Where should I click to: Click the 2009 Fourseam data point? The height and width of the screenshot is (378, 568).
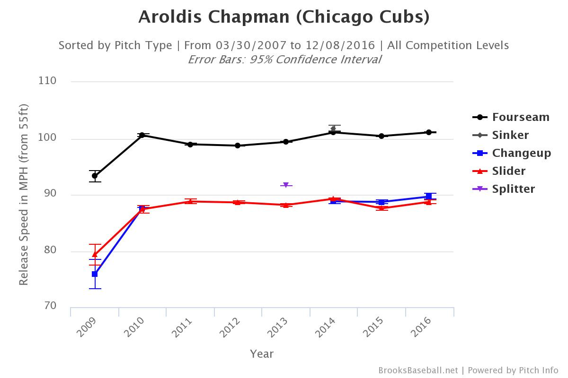click(x=95, y=176)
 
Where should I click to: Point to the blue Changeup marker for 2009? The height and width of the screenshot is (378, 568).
click(x=95, y=274)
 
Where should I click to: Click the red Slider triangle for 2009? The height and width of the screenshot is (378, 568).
click(x=95, y=254)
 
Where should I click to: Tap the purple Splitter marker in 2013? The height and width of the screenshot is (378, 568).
click(x=286, y=185)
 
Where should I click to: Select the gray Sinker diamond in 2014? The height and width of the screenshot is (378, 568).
click(x=333, y=128)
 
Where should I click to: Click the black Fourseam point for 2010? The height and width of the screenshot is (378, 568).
click(x=142, y=135)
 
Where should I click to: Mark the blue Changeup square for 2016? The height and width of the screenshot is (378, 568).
click(x=429, y=197)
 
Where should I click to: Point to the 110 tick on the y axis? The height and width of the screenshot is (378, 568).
click(x=47, y=81)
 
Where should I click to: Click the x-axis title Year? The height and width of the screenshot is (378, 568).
click(x=262, y=353)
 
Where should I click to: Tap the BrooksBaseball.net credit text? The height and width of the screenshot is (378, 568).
click(x=418, y=370)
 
